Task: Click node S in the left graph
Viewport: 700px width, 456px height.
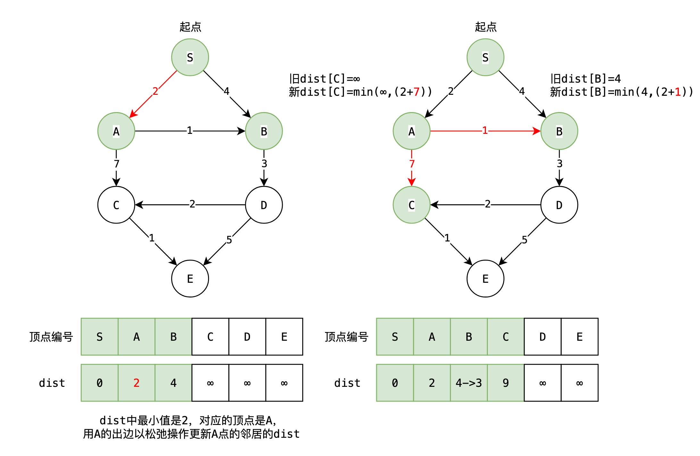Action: tap(190, 57)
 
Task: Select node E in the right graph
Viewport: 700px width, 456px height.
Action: tap(485, 279)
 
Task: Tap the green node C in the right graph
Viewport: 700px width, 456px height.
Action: tap(412, 205)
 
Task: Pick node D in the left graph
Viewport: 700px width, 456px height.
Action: tap(264, 205)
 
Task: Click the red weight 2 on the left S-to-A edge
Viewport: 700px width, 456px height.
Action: tap(155, 91)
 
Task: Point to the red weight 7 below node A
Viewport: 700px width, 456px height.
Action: tap(412, 164)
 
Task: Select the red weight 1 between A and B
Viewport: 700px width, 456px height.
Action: tap(485, 130)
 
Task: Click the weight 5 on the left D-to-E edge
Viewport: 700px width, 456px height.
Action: tap(229, 240)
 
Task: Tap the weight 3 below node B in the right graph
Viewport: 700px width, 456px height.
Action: tap(560, 164)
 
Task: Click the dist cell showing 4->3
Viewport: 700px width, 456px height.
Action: tap(469, 383)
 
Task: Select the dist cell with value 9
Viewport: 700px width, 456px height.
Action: tap(506, 383)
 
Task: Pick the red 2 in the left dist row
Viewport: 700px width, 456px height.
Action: tap(137, 383)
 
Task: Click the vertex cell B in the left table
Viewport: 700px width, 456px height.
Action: tap(173, 337)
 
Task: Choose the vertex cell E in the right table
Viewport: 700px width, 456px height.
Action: tap(579, 337)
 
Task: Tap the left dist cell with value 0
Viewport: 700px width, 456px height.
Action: tap(100, 383)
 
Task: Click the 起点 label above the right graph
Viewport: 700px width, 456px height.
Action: tap(486, 27)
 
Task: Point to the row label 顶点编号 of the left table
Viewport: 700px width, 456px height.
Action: tap(51, 337)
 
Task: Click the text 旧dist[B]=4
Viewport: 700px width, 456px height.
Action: tap(586, 79)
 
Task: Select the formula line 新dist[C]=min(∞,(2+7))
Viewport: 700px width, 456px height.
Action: tap(360, 92)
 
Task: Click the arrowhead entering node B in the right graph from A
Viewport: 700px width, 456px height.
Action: tap(537, 131)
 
